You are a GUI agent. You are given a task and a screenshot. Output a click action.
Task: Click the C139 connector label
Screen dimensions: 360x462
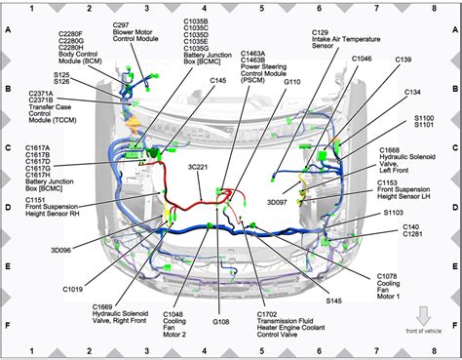tap(402, 60)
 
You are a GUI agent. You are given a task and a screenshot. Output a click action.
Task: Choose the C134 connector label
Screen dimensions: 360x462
tap(412, 92)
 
